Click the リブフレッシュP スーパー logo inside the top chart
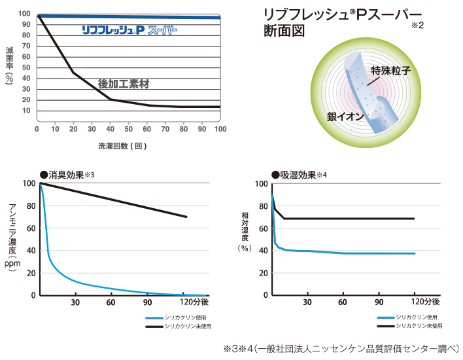[129, 30]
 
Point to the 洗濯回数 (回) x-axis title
[122, 145]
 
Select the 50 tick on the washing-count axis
[128, 129]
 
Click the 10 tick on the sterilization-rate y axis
[25, 110]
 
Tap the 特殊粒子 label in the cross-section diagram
[390, 70]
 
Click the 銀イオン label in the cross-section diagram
[343, 117]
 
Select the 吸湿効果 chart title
[298, 175]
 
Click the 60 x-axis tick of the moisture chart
[343, 303]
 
